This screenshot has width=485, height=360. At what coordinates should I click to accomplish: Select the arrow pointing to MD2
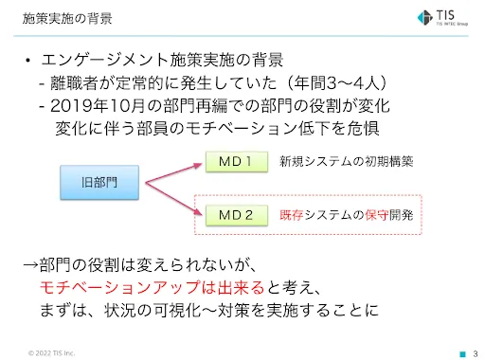pos(175,196)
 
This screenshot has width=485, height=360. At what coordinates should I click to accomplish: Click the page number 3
pos(475,352)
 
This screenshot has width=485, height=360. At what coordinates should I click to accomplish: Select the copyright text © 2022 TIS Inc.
pos(51,352)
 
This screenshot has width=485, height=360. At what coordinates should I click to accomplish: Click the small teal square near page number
pos(462,352)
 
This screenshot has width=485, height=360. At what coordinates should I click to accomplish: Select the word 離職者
pos(73,82)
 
